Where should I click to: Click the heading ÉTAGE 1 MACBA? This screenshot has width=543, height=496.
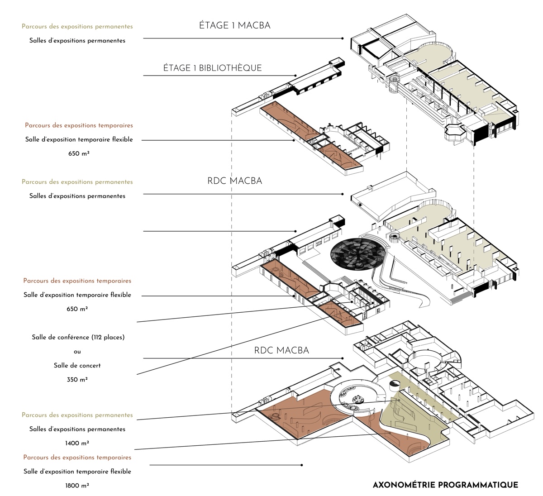pyautogui.click(x=235, y=25)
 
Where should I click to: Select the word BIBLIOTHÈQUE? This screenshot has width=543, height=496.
pyautogui.click(x=230, y=68)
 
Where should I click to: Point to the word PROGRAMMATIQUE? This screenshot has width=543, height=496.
pyautogui.click(x=478, y=485)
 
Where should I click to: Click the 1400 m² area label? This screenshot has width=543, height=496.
pyautogui.click(x=77, y=443)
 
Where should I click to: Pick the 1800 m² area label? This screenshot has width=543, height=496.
pyautogui.click(x=77, y=486)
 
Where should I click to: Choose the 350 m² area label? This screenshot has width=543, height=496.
pyautogui.click(x=77, y=380)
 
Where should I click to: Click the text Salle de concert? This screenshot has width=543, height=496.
pyautogui.click(x=77, y=366)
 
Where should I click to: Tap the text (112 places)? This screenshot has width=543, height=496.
pyautogui.click(x=108, y=337)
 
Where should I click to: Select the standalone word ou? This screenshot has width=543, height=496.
pyautogui.click(x=77, y=352)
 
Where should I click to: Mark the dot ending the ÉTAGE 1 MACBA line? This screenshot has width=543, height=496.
pyautogui.click(x=343, y=38)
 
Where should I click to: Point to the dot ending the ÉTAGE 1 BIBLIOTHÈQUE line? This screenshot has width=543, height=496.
pyautogui.click(x=295, y=76)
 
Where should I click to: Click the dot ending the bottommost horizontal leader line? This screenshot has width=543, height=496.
pyautogui.click(x=302, y=465)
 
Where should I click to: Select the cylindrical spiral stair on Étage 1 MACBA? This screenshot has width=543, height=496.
pyautogui.click(x=395, y=84)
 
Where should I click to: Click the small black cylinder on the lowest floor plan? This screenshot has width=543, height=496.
pyautogui.click(x=394, y=386)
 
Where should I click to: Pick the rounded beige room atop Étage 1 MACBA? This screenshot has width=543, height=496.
pyautogui.click(x=435, y=52)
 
